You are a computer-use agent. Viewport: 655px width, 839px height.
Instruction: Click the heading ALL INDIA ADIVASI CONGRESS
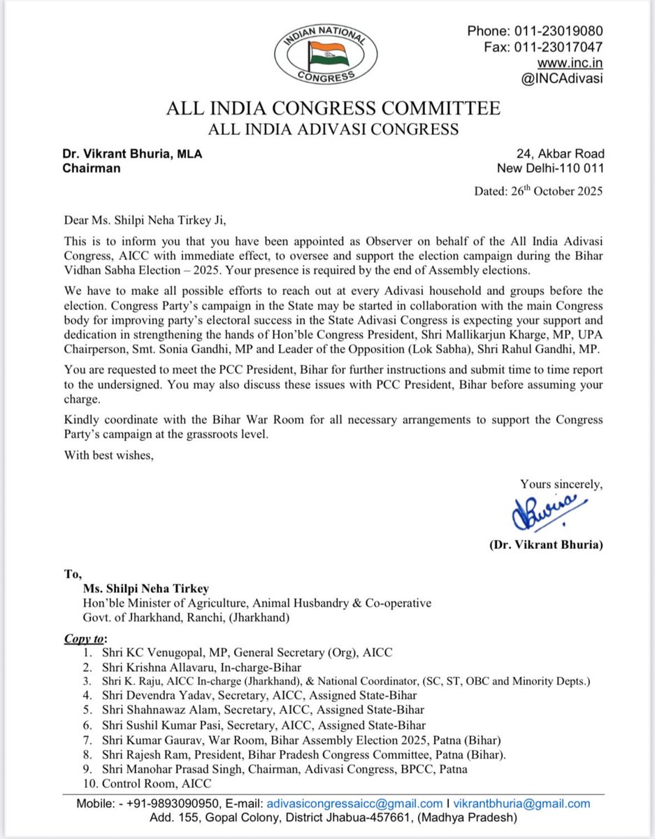coord(332,129)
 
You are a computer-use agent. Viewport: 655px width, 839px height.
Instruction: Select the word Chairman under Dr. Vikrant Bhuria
coord(92,168)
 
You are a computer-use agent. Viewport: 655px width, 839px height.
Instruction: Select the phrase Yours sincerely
coord(561,484)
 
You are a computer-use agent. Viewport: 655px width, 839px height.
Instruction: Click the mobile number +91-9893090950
coord(196,803)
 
